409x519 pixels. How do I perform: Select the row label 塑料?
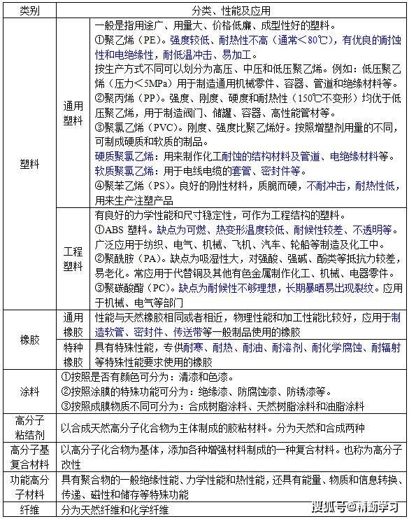pyautogui.click(x=29, y=166)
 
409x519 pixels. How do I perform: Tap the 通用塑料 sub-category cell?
pyautogui.click(x=73, y=113)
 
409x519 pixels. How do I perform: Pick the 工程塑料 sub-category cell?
pyautogui.click(x=73, y=257)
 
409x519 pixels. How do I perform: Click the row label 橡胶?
pyautogui.click(x=29, y=340)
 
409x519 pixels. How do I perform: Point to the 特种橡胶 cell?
pyautogui.click(x=73, y=354)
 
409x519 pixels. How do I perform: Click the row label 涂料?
pyautogui.click(x=29, y=391)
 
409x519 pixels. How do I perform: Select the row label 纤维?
pyautogui.click(x=29, y=510)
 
